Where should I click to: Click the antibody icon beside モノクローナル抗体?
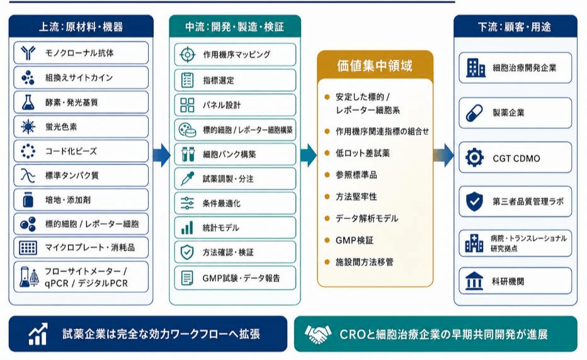[x=28, y=53]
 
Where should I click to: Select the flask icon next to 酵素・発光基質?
[x=28, y=102]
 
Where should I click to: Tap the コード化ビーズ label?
[x=71, y=151]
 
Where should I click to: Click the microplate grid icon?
[x=28, y=247]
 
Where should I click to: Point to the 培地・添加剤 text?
[x=68, y=200]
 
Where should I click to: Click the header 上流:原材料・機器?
[x=81, y=27]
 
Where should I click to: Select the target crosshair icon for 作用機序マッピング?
[x=187, y=55]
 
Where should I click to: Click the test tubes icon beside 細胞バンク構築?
[x=188, y=154]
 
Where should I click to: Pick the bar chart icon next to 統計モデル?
[x=187, y=228]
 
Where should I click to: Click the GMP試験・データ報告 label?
[x=241, y=278]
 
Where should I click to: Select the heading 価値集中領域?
[x=375, y=66]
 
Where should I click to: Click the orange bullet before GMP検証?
[x=327, y=240]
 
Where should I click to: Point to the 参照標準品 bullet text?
[x=356, y=175]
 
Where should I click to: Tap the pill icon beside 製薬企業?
[x=474, y=113]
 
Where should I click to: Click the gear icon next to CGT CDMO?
[x=474, y=157]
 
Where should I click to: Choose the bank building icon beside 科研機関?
[x=474, y=281]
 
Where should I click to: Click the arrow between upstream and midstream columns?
[x=162, y=155]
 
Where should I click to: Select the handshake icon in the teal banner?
[x=318, y=334]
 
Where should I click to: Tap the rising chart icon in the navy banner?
[x=38, y=334]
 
